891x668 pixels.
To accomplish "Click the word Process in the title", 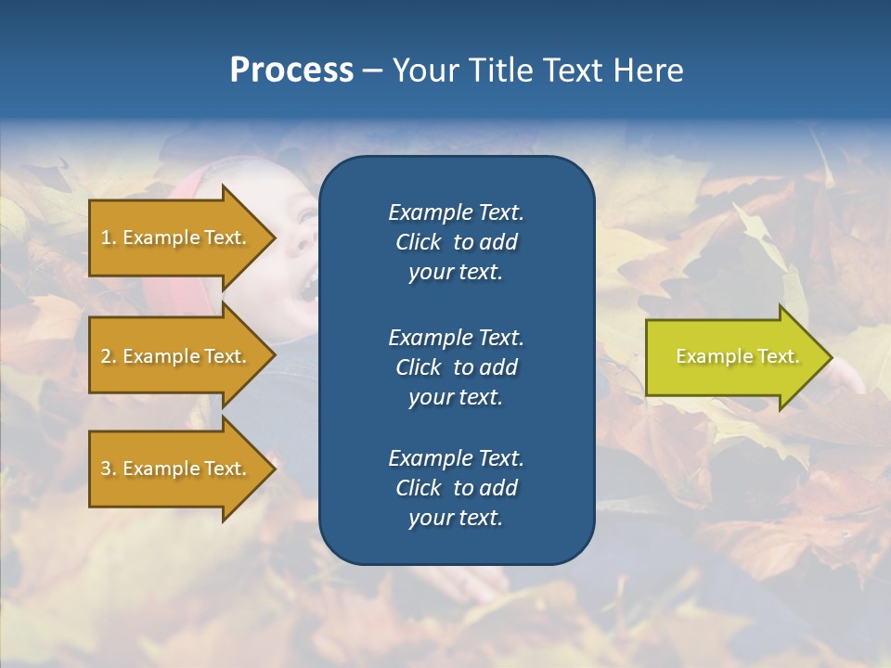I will click(291, 71).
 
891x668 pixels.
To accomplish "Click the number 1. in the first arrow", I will click(109, 238).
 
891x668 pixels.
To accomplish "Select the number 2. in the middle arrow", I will click(109, 356).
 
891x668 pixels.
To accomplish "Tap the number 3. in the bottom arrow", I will click(109, 469).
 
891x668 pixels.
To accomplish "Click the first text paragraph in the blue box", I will click(456, 242).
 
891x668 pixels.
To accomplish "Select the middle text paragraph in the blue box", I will click(456, 366).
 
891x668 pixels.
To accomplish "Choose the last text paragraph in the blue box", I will click(456, 488).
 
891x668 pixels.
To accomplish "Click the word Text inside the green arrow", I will click(778, 356).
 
